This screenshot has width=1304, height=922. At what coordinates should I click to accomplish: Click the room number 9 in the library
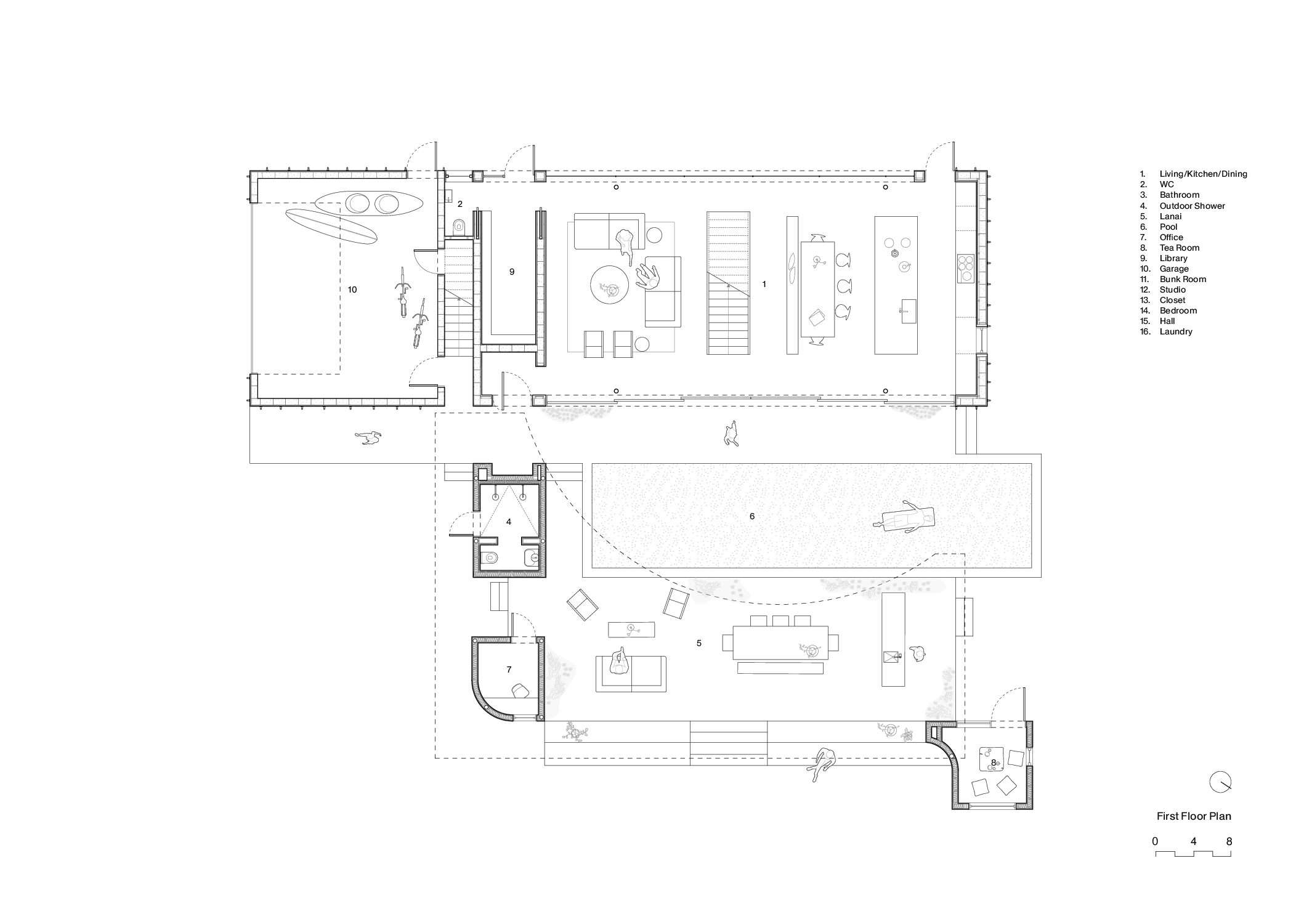click(x=511, y=272)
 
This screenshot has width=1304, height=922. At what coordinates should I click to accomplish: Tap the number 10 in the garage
click(x=352, y=289)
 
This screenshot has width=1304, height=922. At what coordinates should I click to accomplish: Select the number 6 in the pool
click(x=751, y=516)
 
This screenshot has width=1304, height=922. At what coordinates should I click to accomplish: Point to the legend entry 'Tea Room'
click(x=1179, y=248)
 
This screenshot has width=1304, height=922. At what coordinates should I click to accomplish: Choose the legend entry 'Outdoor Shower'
click(x=1192, y=206)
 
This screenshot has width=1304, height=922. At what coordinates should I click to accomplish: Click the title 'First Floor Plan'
click(x=1193, y=816)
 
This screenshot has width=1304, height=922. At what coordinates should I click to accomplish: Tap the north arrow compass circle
click(x=1220, y=782)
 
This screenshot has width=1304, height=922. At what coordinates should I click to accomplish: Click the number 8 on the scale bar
click(x=1229, y=841)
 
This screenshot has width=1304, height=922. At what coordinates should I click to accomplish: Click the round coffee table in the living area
click(x=609, y=286)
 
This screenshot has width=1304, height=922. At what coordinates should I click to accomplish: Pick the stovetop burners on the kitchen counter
click(x=966, y=268)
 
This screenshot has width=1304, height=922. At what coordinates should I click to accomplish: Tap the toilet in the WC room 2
click(x=458, y=227)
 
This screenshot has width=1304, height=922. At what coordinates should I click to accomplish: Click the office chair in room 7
click(x=520, y=690)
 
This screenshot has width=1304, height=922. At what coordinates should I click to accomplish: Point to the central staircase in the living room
click(x=728, y=283)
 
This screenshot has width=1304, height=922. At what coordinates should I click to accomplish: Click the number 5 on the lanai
click(x=699, y=643)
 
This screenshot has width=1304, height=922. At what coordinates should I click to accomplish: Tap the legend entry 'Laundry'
click(x=1175, y=331)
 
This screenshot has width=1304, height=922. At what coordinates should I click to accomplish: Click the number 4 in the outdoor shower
click(x=508, y=522)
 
